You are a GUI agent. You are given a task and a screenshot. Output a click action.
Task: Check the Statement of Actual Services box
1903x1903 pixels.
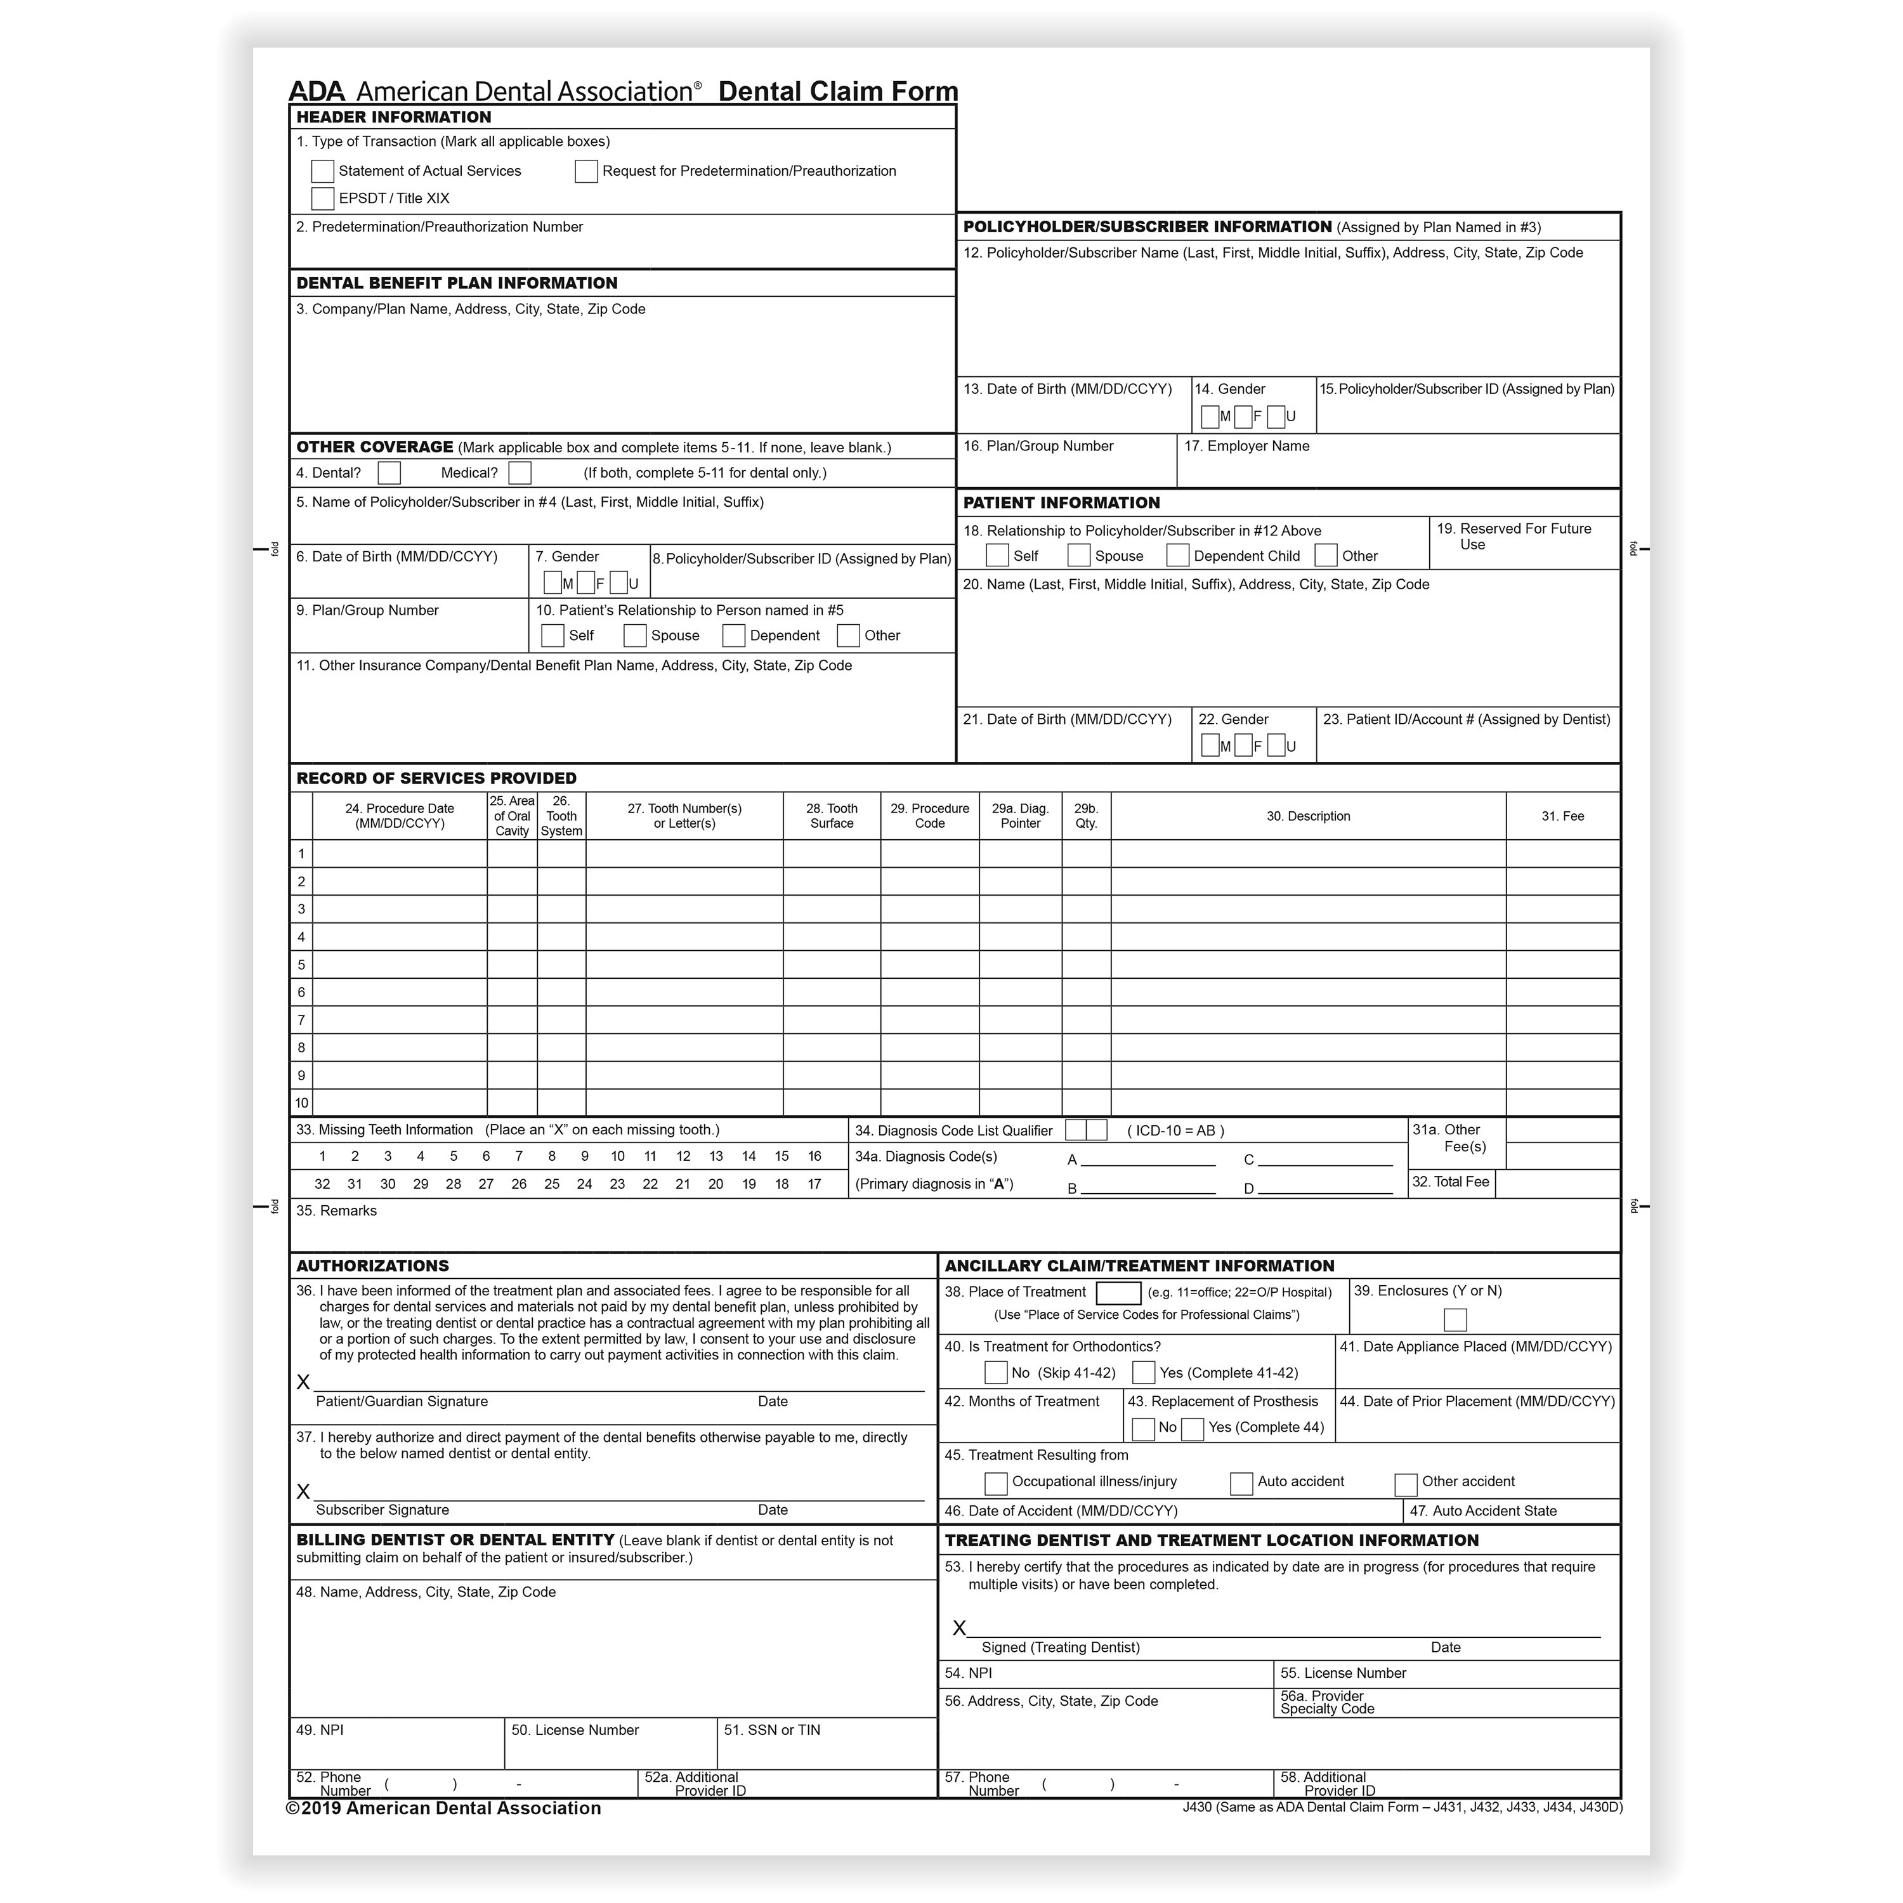click(x=322, y=171)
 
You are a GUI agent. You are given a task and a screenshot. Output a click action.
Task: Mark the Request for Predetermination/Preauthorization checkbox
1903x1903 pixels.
click(x=586, y=171)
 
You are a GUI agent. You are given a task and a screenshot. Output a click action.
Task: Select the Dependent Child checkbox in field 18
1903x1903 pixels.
click(x=1177, y=556)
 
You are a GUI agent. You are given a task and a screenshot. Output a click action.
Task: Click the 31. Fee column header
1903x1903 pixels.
click(x=1562, y=816)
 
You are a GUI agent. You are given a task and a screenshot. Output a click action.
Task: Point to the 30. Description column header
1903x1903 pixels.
click(x=1308, y=816)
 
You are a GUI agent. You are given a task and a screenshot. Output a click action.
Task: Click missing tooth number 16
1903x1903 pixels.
click(x=814, y=1156)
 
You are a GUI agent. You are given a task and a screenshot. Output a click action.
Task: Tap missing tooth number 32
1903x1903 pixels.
click(x=322, y=1184)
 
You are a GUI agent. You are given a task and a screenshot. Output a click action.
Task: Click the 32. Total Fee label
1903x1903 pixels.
click(x=1450, y=1182)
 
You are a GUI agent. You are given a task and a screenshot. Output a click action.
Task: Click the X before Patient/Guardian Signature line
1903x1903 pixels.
click(x=303, y=1383)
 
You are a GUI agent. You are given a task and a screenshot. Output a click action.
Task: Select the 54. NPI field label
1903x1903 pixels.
click(x=968, y=1673)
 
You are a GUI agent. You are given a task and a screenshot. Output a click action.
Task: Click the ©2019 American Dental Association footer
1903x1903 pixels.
click(x=443, y=1808)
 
